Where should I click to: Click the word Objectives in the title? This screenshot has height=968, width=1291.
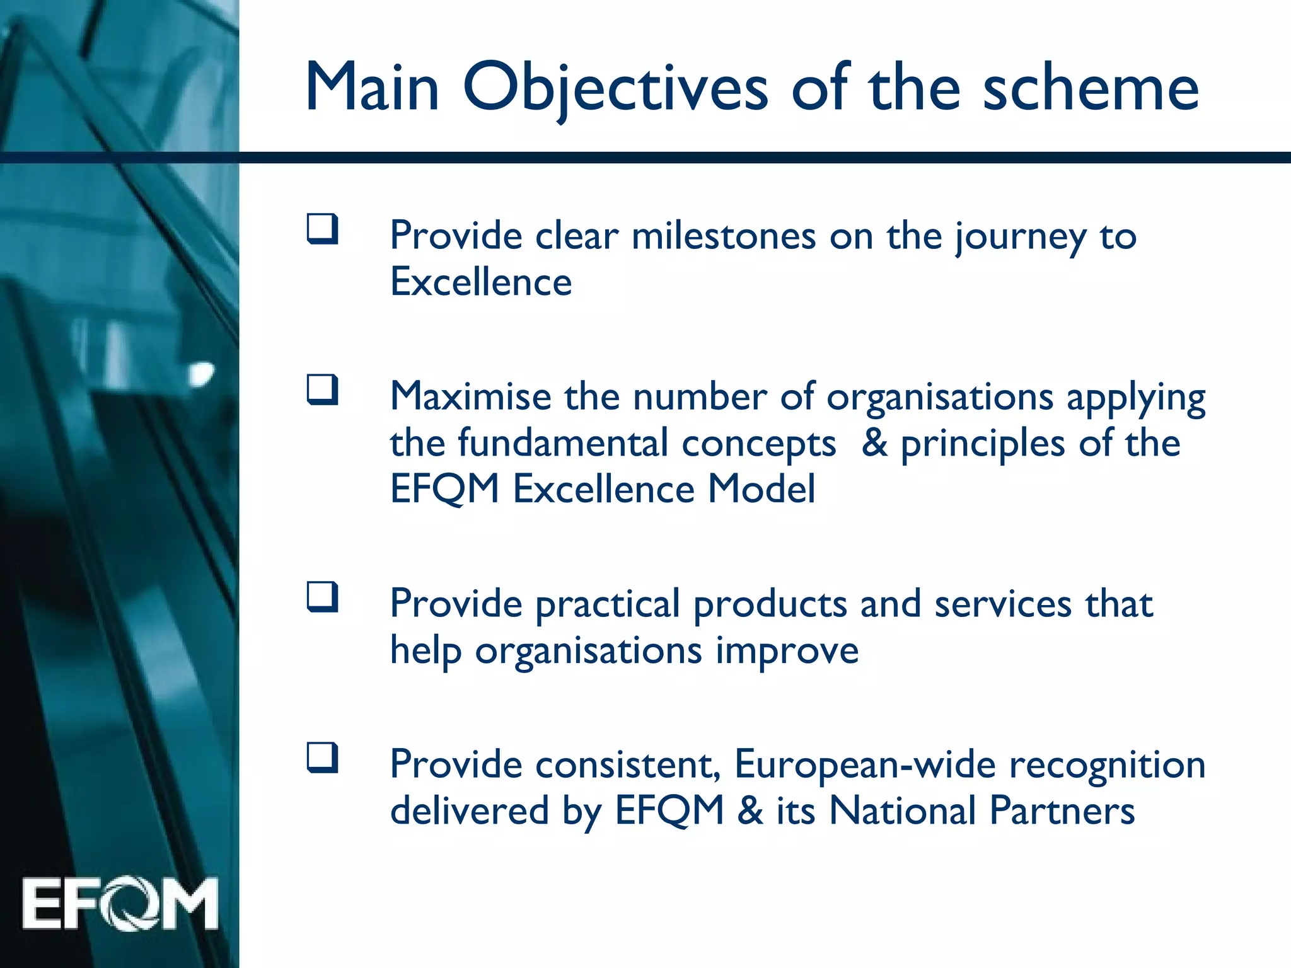(615, 88)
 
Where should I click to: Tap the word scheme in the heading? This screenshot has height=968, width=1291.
(1091, 88)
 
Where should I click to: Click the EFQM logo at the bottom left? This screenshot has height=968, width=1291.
(120, 904)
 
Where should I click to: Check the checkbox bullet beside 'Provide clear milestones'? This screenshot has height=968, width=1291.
(322, 229)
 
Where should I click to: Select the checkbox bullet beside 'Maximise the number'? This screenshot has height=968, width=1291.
(322, 390)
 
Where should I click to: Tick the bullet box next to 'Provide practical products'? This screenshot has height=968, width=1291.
(322, 597)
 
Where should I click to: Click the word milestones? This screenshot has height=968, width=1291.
(723, 236)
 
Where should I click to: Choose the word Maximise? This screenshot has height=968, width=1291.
(470, 397)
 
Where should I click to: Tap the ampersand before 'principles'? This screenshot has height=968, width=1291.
(875, 442)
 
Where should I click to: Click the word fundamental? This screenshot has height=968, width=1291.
(562, 442)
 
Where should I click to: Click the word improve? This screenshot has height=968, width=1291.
(787, 651)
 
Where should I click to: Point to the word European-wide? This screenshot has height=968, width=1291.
(865, 765)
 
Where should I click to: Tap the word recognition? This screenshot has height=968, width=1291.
(1107, 765)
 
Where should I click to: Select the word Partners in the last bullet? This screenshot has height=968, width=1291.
(1062, 811)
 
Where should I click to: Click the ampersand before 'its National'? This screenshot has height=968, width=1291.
(750, 810)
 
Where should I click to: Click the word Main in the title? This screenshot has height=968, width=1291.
(372, 88)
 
